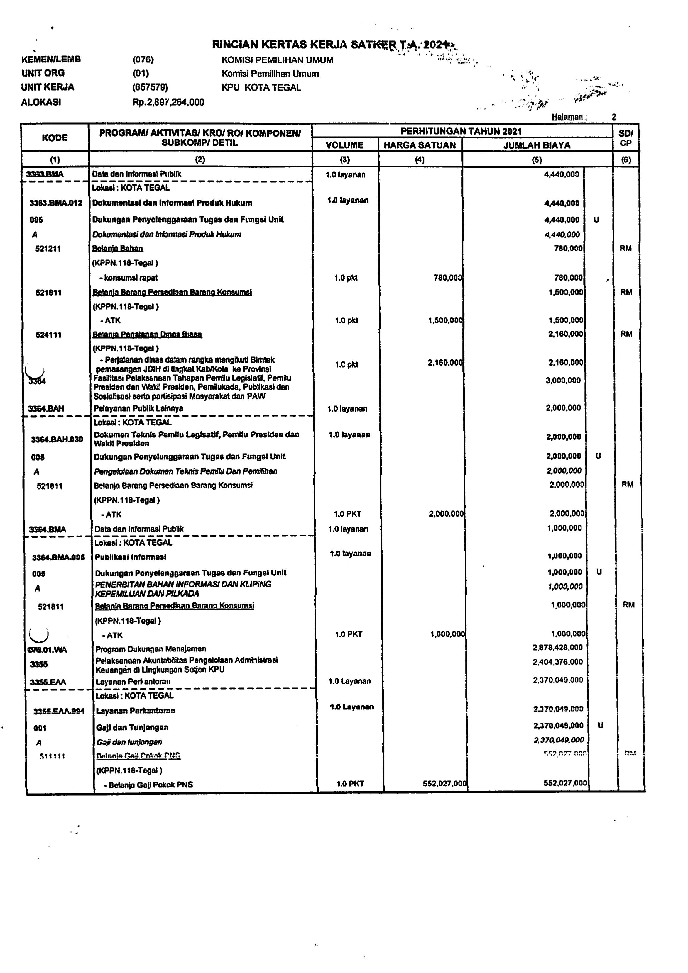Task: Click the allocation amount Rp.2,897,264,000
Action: pos(168,102)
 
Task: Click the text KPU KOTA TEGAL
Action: pos(261,88)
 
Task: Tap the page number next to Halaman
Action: pos(614,117)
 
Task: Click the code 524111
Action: pos(48,335)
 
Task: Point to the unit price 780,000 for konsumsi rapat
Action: pos(447,278)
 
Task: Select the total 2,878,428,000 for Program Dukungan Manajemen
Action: pos(557,647)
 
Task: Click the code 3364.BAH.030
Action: pos(57,439)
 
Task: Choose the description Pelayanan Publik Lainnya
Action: pos(139,408)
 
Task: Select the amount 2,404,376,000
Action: pos(557,662)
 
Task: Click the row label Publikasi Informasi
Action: pos(131,557)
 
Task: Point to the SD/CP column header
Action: pos(625,138)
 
